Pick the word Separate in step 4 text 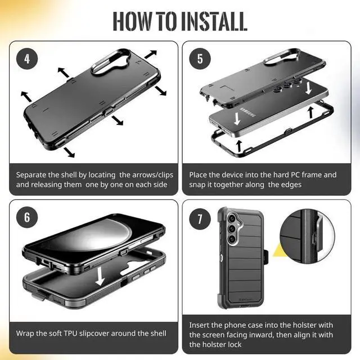pos(33,175)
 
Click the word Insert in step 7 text pos(200,325)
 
